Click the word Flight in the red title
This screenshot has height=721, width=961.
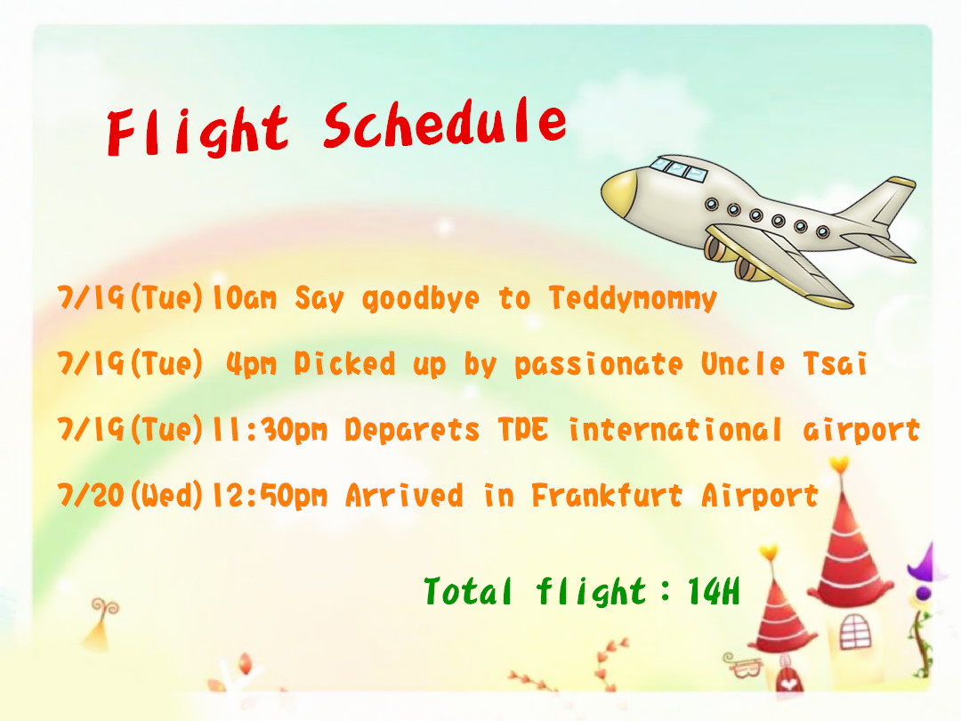198,131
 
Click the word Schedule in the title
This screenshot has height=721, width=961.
444,123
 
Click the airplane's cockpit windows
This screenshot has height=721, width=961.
678,168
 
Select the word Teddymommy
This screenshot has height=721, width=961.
633,298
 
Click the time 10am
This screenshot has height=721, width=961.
244,298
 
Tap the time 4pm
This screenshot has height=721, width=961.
251,364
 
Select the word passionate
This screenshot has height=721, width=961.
598,365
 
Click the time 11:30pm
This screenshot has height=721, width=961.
270,430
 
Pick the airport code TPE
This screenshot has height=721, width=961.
523,428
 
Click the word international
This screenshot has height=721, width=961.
675,429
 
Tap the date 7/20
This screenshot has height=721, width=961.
91,495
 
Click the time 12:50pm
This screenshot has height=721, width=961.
270,496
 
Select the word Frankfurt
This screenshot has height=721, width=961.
607,495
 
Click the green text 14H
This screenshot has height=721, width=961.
714,592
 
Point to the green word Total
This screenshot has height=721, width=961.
468,591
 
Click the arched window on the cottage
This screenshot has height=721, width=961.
855,631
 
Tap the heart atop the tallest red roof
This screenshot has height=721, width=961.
839,464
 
